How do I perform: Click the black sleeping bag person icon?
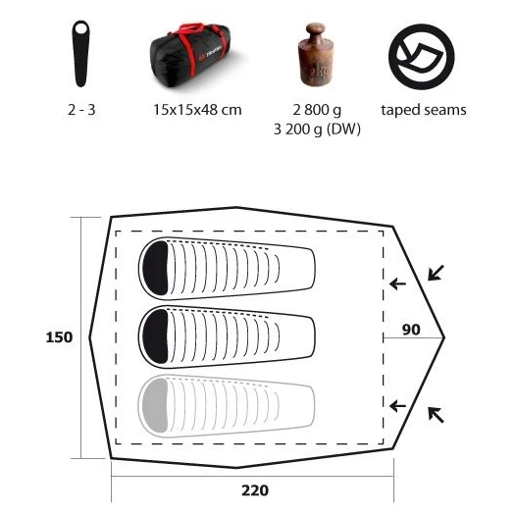[x=80, y=54]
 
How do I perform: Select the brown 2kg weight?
[x=315, y=55]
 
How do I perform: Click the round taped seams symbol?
[x=422, y=57]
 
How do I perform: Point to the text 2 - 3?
[x=81, y=110]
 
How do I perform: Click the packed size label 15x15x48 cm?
[x=197, y=110]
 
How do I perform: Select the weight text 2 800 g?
[x=317, y=110]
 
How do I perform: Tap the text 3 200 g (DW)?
[x=317, y=129]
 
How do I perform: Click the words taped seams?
[x=424, y=110]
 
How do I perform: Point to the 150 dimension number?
[x=59, y=337]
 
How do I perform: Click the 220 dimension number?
[x=255, y=490]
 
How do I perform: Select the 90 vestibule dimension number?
[x=411, y=330]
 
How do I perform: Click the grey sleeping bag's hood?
[x=155, y=405]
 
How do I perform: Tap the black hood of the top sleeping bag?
[x=155, y=268]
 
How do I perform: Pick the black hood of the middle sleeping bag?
[x=155, y=336]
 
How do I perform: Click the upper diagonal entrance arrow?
[x=436, y=273]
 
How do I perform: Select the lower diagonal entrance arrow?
[x=436, y=415]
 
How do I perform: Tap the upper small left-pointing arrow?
[x=397, y=283]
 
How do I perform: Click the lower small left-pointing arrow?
[x=397, y=406]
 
